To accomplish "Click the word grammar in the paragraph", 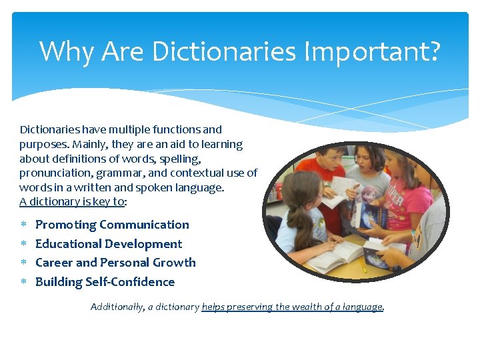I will point(121,173).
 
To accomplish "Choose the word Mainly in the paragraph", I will point(85,144).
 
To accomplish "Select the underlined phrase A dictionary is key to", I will point(72,202).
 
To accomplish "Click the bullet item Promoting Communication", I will point(112,225).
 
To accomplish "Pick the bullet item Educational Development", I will point(108,244).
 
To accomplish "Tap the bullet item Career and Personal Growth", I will point(115,263).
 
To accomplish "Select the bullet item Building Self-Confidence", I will point(105,282).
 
